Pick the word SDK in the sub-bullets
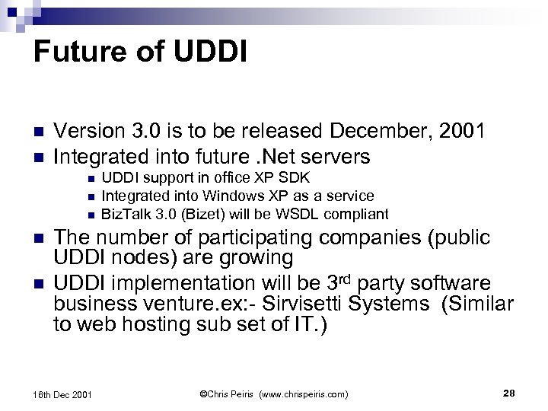point(294,178)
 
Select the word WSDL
point(312,214)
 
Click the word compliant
point(361,214)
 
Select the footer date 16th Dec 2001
point(63,394)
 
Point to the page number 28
point(509,393)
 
